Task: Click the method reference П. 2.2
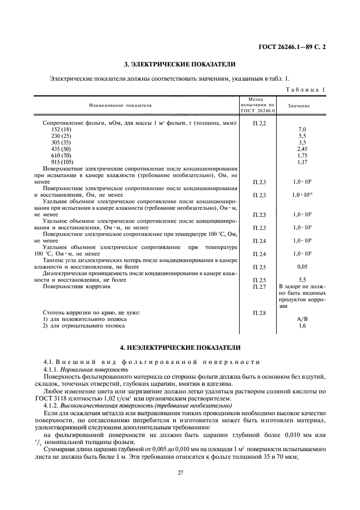click(x=259, y=124)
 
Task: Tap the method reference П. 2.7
click(x=259, y=286)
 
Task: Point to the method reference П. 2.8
click(x=259, y=313)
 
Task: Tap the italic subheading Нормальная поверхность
click(x=96, y=369)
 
